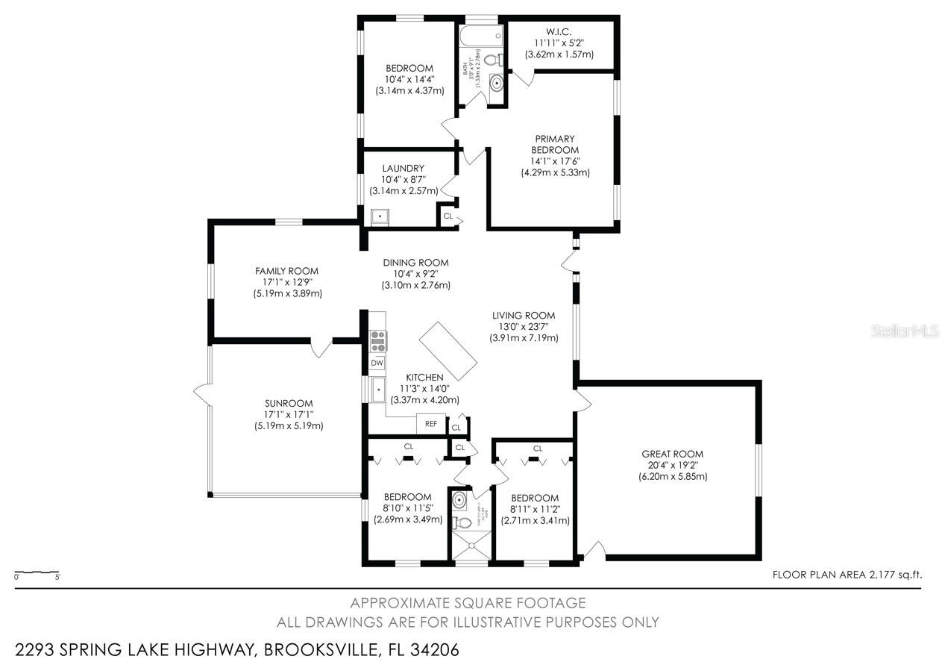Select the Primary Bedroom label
pyautogui.click(x=555, y=144)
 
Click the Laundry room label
pyautogui.click(x=403, y=169)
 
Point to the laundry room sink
pyautogui.click(x=380, y=216)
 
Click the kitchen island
pyautogui.click(x=448, y=352)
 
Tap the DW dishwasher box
pyautogui.click(x=377, y=363)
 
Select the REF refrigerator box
pyautogui.click(x=430, y=423)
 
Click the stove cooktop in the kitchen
pyautogui.click(x=378, y=340)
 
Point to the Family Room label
pyautogui.click(x=286, y=271)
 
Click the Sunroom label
pyautogui.click(x=288, y=403)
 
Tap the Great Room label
pyautogui.click(x=672, y=454)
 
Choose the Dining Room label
pyautogui.click(x=415, y=263)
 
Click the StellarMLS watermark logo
pyautogui.click(x=905, y=331)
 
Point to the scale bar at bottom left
pyautogui.click(x=37, y=573)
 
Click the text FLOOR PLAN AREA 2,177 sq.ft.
pyautogui.click(x=847, y=575)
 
